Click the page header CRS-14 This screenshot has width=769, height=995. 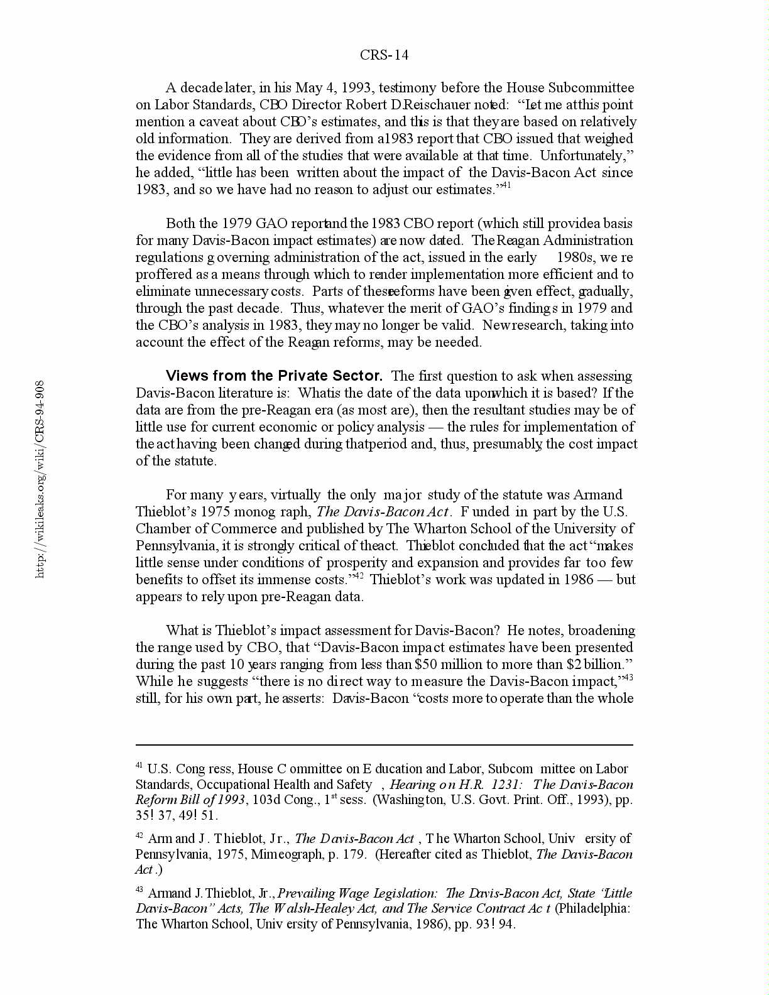384,55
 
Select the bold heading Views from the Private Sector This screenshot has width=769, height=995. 274,376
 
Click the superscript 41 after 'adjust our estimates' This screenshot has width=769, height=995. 506,186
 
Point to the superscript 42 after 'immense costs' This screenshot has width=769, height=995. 359,576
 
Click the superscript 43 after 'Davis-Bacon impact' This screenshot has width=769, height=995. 628,678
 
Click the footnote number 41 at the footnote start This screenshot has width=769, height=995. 139,766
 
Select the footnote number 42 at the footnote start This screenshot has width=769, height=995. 139,835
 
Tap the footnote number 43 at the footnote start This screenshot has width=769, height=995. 139,890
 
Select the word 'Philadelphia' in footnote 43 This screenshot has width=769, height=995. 592,908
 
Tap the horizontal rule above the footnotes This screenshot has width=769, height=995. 384,745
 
